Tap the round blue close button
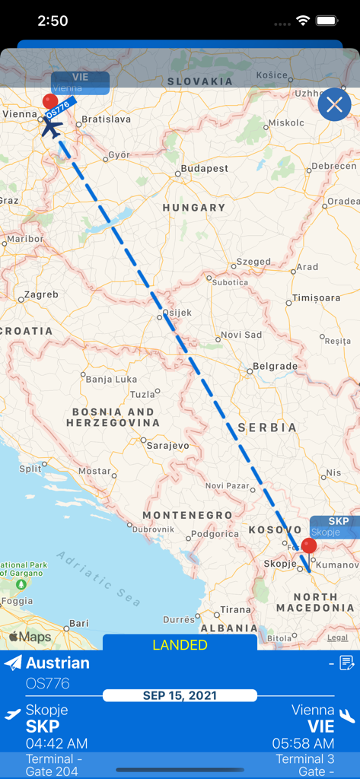coord(334,105)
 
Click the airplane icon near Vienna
coord(51,127)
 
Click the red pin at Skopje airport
coord(308,545)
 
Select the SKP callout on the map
coord(335,526)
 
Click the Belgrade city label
coord(275,366)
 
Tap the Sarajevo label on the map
coord(167,445)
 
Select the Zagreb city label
coord(41,294)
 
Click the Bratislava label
coord(106,119)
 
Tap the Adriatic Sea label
coord(99,578)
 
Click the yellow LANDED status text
coord(180,645)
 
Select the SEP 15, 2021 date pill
coord(180,695)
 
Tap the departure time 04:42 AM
coord(56,743)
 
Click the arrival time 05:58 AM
coord(303,743)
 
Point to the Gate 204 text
coord(53,771)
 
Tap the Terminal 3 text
coord(304,758)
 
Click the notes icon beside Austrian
coord(346,663)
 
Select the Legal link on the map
coord(337,638)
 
